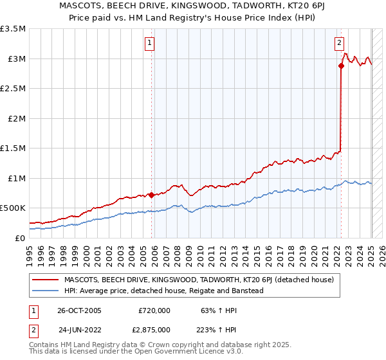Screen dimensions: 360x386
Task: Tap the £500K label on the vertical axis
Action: (13, 208)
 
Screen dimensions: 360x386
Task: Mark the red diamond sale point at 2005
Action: (151, 195)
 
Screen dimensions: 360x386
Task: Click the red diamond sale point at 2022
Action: (340, 66)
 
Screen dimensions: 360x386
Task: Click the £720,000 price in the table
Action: (154, 310)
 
